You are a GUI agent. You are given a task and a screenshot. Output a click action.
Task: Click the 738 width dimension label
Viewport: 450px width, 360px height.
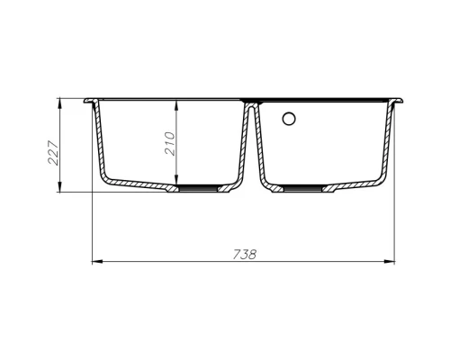click(x=245, y=255)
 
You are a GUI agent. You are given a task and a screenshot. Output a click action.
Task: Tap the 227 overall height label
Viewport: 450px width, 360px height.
click(x=53, y=152)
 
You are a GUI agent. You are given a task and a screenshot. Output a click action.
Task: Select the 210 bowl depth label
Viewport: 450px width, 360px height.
click(x=170, y=143)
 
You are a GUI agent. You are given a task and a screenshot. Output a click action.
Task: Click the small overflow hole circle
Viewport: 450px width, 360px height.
click(x=289, y=119)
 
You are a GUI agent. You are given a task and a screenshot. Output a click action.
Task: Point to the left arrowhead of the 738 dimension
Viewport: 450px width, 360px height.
click(x=97, y=262)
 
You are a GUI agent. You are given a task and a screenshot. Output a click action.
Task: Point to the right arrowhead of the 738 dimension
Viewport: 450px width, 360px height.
click(x=390, y=262)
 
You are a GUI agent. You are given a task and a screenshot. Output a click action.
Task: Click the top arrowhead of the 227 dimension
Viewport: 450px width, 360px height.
click(x=60, y=103)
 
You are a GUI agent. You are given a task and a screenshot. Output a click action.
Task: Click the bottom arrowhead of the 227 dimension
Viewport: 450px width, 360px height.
click(x=60, y=186)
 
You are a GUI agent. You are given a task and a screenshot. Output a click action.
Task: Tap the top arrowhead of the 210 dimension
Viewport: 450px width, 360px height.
click(x=177, y=105)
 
